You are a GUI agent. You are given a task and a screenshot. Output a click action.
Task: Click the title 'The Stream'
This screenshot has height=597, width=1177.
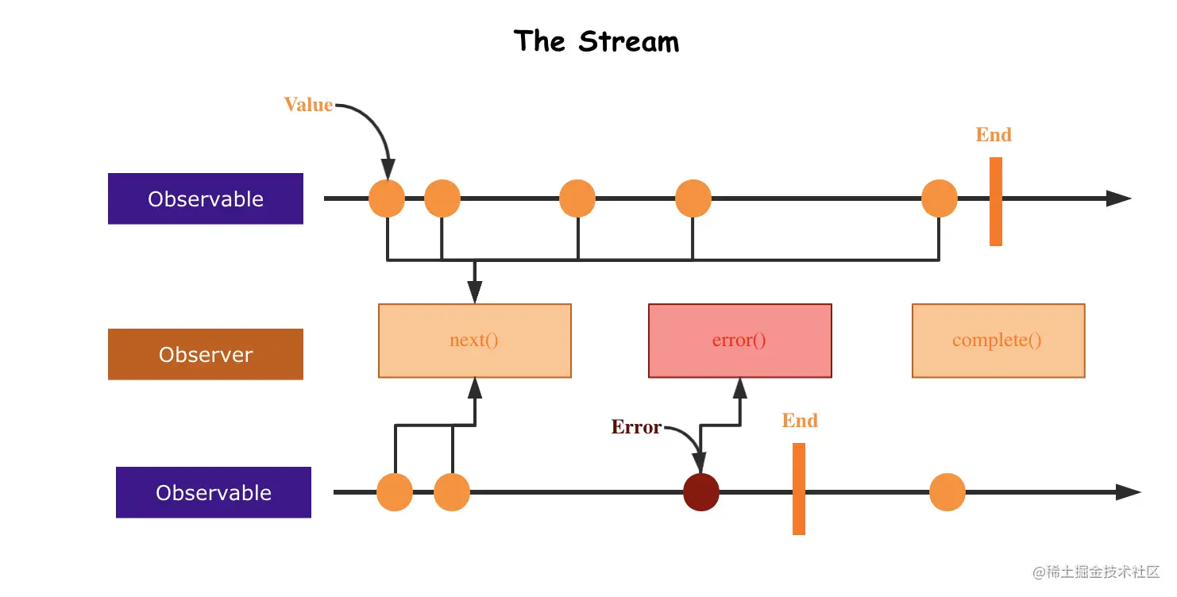[596, 41]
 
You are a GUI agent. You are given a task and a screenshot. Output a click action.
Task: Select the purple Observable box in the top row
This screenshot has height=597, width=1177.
[206, 198]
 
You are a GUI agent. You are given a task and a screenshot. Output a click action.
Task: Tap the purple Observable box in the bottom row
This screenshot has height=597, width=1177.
[214, 492]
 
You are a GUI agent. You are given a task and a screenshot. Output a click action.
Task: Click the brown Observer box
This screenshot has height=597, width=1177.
[206, 354]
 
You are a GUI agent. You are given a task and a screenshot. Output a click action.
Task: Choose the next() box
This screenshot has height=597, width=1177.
[474, 341]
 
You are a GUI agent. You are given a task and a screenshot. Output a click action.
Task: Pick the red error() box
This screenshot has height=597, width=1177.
[739, 341]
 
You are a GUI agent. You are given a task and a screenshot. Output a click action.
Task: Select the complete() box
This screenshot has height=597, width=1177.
[998, 341]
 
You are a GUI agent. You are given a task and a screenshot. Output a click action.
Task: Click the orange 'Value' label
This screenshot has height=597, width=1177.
[308, 105]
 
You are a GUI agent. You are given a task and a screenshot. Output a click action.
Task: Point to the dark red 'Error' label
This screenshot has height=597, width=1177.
[636, 427]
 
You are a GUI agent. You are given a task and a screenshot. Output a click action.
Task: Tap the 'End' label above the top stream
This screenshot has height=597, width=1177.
[994, 135]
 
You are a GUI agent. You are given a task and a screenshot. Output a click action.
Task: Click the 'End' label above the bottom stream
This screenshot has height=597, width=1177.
[800, 421]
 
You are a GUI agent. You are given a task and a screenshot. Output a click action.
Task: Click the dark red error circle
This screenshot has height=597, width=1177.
[701, 492]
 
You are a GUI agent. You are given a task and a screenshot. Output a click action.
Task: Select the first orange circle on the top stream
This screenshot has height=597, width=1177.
[387, 198]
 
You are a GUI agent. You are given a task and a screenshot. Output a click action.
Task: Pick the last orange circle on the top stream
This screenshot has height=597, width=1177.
[940, 198]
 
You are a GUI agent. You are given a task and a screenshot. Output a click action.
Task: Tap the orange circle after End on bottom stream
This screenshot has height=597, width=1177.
[947, 492]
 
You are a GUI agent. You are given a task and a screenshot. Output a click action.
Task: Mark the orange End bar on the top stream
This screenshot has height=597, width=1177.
[996, 202]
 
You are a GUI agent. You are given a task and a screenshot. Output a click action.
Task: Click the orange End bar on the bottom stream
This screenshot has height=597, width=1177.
[799, 489]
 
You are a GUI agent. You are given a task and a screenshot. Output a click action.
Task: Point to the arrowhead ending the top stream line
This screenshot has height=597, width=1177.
[1120, 198]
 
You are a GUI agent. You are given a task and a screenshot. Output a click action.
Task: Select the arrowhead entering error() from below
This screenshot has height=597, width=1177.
[740, 387]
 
